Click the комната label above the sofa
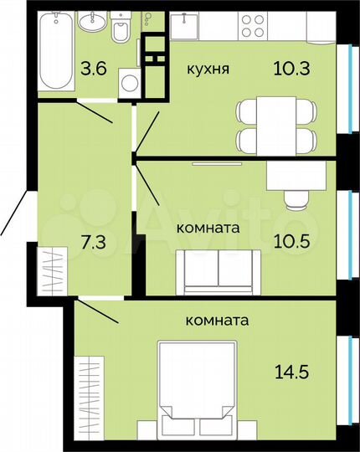point(208,227)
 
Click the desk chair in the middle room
point(296,198)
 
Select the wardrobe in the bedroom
point(88,399)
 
